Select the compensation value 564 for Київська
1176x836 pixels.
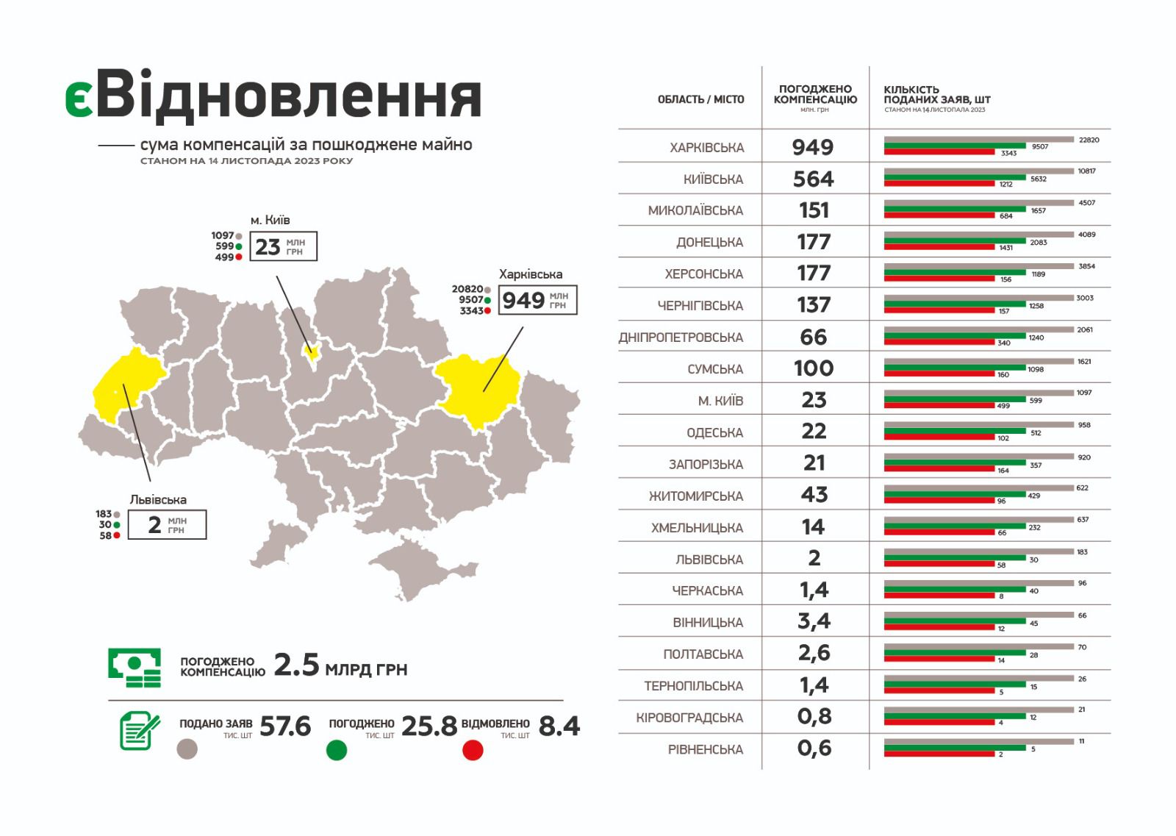point(813,179)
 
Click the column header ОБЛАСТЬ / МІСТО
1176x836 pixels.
point(700,99)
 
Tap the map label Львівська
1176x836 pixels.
point(158,499)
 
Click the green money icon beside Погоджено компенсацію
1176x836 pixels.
point(135,667)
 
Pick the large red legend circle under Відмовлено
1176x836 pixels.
point(473,750)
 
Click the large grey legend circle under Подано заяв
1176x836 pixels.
point(187,749)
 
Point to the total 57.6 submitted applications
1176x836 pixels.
point(285,726)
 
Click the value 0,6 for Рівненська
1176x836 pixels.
point(814,749)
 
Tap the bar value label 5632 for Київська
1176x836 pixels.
point(1038,179)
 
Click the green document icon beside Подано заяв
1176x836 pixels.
point(140,731)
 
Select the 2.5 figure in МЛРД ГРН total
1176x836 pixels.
point(296,665)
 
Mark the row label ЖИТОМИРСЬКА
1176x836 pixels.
point(695,496)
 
